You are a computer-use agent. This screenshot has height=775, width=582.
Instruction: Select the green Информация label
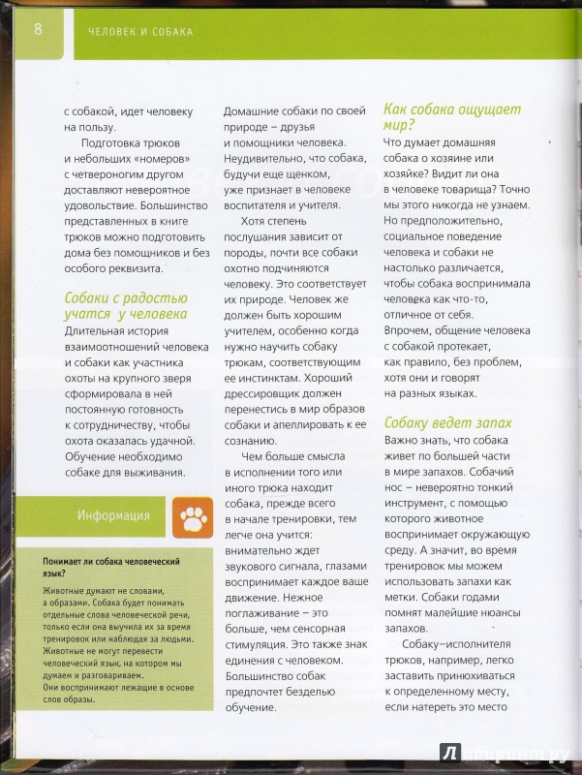point(113,515)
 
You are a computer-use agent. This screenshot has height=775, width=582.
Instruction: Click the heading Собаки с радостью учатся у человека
point(126,306)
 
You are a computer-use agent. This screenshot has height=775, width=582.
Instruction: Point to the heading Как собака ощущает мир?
point(452,117)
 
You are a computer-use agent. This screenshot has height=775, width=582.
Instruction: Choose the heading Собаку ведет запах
point(447,423)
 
